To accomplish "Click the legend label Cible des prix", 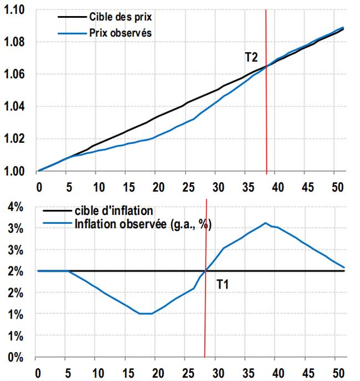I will coord(120,17).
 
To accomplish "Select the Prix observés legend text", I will coord(120,33).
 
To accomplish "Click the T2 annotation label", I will coord(252,56).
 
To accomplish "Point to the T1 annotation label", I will coord(223,285).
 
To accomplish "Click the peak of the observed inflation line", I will coord(265,223).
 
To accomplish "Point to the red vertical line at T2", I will coord(266,111).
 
